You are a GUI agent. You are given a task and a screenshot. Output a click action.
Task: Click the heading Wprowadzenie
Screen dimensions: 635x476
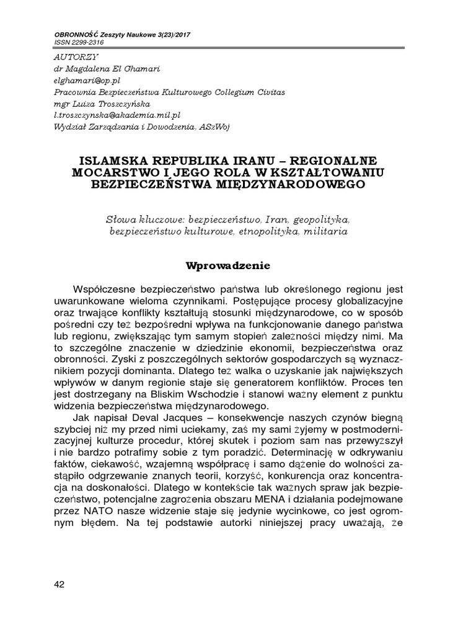point(229,266)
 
